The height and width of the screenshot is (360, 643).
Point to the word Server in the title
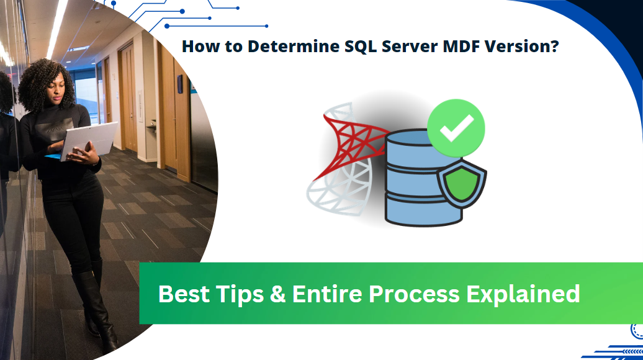pyautogui.click(x=410, y=46)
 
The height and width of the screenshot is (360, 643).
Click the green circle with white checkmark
pyautogui.click(x=456, y=128)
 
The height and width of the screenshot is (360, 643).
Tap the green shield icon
pyautogui.click(x=461, y=184)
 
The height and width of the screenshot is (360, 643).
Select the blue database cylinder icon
pyautogui.click(x=418, y=178)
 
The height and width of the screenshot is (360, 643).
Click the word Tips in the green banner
pyautogui.click(x=240, y=294)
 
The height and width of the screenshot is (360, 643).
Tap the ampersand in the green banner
pyautogui.click(x=277, y=294)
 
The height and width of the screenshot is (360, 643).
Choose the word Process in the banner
pyautogui.click(x=414, y=294)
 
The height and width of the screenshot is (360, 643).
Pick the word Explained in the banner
pyautogui.click(x=523, y=294)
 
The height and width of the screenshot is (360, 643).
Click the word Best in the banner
pyautogui.click(x=184, y=294)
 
